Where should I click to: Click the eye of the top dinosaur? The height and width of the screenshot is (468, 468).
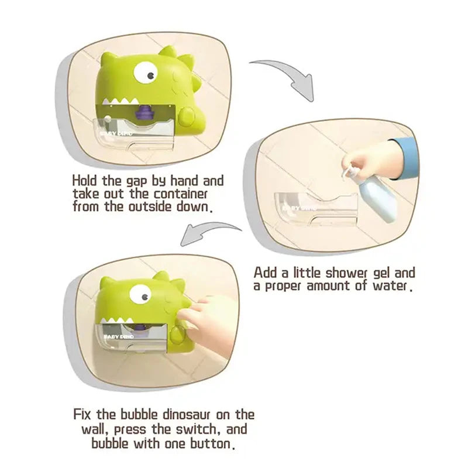[x=146, y=73]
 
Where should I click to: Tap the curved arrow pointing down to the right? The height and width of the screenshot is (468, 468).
[x=286, y=78]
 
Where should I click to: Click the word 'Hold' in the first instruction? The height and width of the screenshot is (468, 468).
[x=85, y=181]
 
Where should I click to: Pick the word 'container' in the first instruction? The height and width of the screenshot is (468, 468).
[x=180, y=194]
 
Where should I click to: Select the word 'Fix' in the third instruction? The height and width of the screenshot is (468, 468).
[x=82, y=414]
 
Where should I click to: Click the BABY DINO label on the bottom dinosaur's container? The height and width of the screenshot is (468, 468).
[x=119, y=337]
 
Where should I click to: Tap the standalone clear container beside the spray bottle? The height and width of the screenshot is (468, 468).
[x=316, y=209]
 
